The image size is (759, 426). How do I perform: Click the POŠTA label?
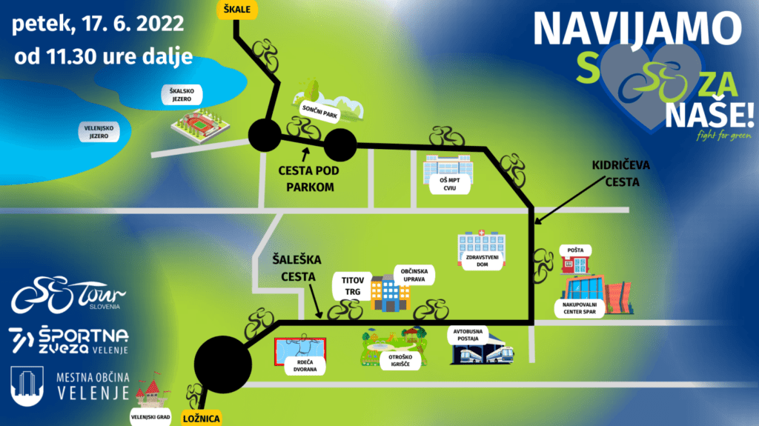[x=576, y=250]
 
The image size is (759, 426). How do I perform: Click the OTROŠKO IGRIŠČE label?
[x=400, y=360]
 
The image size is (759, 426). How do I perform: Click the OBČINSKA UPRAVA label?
[x=413, y=273]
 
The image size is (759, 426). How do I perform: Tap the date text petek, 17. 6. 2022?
[x=97, y=24]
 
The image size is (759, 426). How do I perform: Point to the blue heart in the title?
[x=644, y=85]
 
